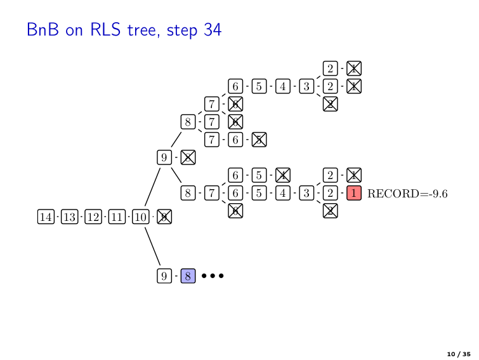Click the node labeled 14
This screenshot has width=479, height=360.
(46, 217)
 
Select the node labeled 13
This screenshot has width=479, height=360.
(69, 217)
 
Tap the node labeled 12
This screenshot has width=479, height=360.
(93, 217)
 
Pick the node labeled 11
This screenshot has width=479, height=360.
(117, 217)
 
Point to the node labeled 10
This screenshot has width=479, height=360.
(141, 217)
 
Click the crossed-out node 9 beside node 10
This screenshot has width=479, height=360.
(164, 217)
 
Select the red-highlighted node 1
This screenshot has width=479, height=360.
(354, 193)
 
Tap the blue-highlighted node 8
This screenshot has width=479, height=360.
(188, 276)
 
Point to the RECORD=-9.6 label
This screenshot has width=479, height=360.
(407, 194)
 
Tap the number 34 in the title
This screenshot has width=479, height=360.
(213, 30)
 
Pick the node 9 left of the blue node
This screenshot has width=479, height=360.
(164, 276)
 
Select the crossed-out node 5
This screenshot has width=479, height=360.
(259, 139)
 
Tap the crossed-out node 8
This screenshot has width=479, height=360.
(188, 157)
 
